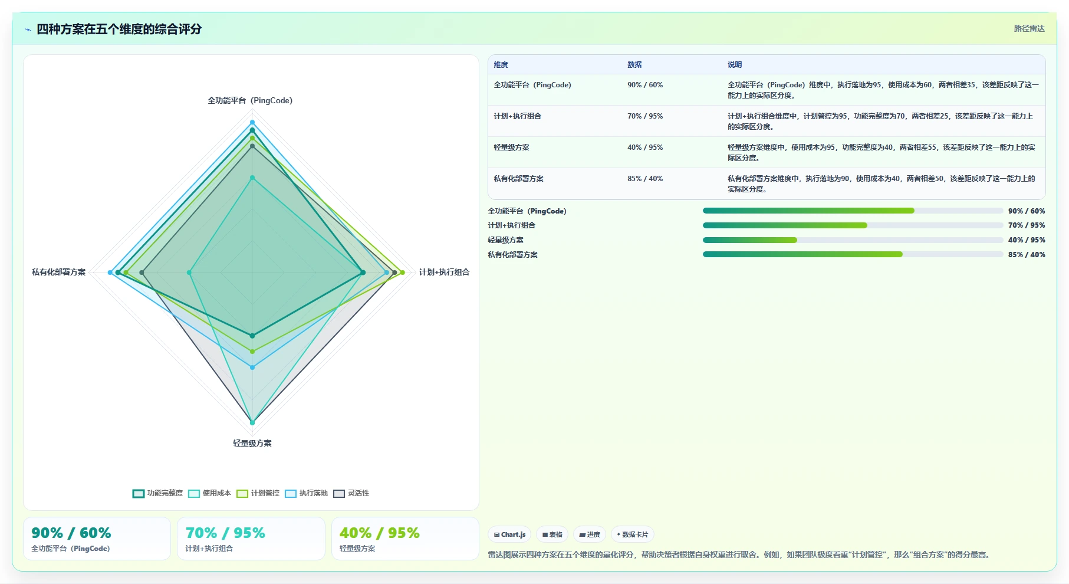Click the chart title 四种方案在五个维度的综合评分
click(119, 29)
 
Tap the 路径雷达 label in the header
click(1029, 28)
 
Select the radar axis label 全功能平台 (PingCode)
click(250, 100)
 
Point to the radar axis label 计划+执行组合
click(444, 272)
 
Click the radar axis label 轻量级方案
click(252, 443)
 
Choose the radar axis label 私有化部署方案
click(58, 272)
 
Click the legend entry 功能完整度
click(157, 493)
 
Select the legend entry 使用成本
click(209, 493)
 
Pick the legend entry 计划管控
click(258, 493)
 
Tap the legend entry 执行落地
click(306, 493)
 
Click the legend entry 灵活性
click(351, 493)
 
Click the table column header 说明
click(735, 65)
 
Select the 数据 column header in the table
click(634, 65)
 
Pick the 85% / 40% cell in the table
click(645, 179)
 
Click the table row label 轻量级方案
click(511, 147)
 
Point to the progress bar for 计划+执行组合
click(853, 225)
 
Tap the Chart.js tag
click(509, 534)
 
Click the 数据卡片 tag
click(632, 534)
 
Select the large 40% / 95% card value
click(379, 533)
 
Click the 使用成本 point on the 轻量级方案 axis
click(252, 422)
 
